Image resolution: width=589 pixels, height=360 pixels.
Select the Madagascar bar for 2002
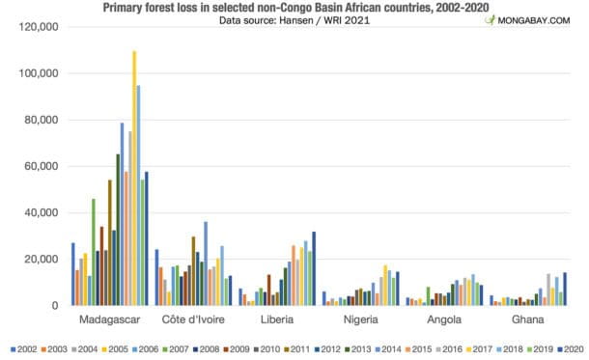(72, 274)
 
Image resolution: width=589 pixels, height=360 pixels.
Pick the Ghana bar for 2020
(564, 289)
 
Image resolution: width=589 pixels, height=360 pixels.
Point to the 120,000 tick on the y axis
(40, 27)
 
